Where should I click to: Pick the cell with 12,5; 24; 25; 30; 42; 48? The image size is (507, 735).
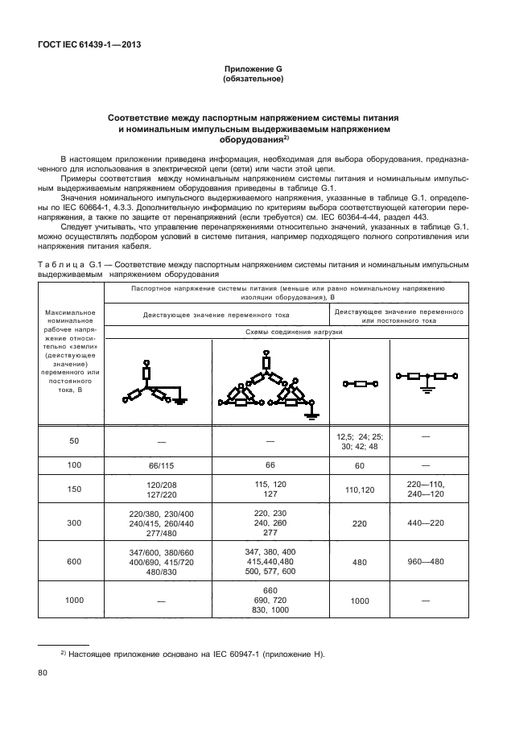360,440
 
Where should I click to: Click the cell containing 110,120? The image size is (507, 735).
360,489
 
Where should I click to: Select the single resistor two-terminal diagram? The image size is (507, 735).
360,383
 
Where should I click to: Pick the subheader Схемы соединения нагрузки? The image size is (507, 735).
288,331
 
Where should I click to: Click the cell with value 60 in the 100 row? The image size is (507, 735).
360,465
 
